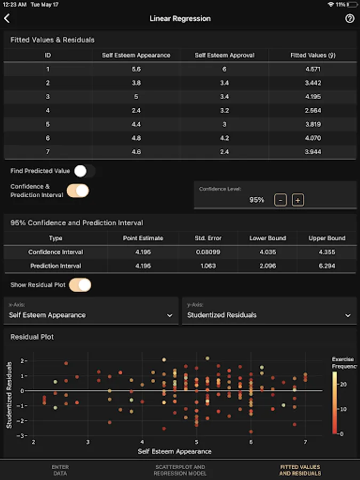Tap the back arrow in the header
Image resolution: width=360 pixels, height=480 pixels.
click(7, 19)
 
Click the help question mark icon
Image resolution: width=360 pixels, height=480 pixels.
click(350, 19)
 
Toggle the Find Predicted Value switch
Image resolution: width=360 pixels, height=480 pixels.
click(84, 171)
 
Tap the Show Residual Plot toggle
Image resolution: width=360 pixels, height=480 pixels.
click(80, 285)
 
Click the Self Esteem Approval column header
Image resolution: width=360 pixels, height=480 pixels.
click(225, 55)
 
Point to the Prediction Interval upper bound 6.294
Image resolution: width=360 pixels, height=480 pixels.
click(327, 266)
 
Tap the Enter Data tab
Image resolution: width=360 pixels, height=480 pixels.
click(60, 470)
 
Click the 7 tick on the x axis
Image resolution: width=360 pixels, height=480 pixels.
click(305, 442)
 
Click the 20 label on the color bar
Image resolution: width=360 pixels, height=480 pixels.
click(343, 383)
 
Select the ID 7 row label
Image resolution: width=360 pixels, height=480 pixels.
click(48, 152)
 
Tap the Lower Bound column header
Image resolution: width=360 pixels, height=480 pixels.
click(268, 238)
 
